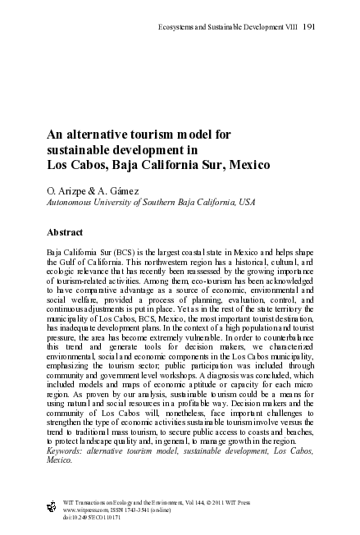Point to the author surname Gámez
pos(114,190)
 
